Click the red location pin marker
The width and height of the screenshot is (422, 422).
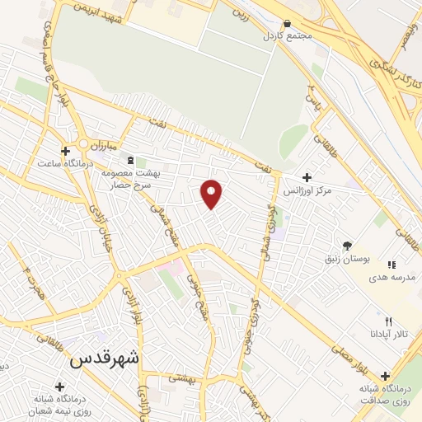213,194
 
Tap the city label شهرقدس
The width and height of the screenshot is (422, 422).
105,359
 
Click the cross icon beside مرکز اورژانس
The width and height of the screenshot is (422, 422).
307,177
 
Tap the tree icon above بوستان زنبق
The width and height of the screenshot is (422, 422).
347,246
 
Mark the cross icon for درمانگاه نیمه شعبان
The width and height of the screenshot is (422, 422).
60,385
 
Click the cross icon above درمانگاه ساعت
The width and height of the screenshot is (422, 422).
65,150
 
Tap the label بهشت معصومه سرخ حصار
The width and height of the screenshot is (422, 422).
136,180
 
